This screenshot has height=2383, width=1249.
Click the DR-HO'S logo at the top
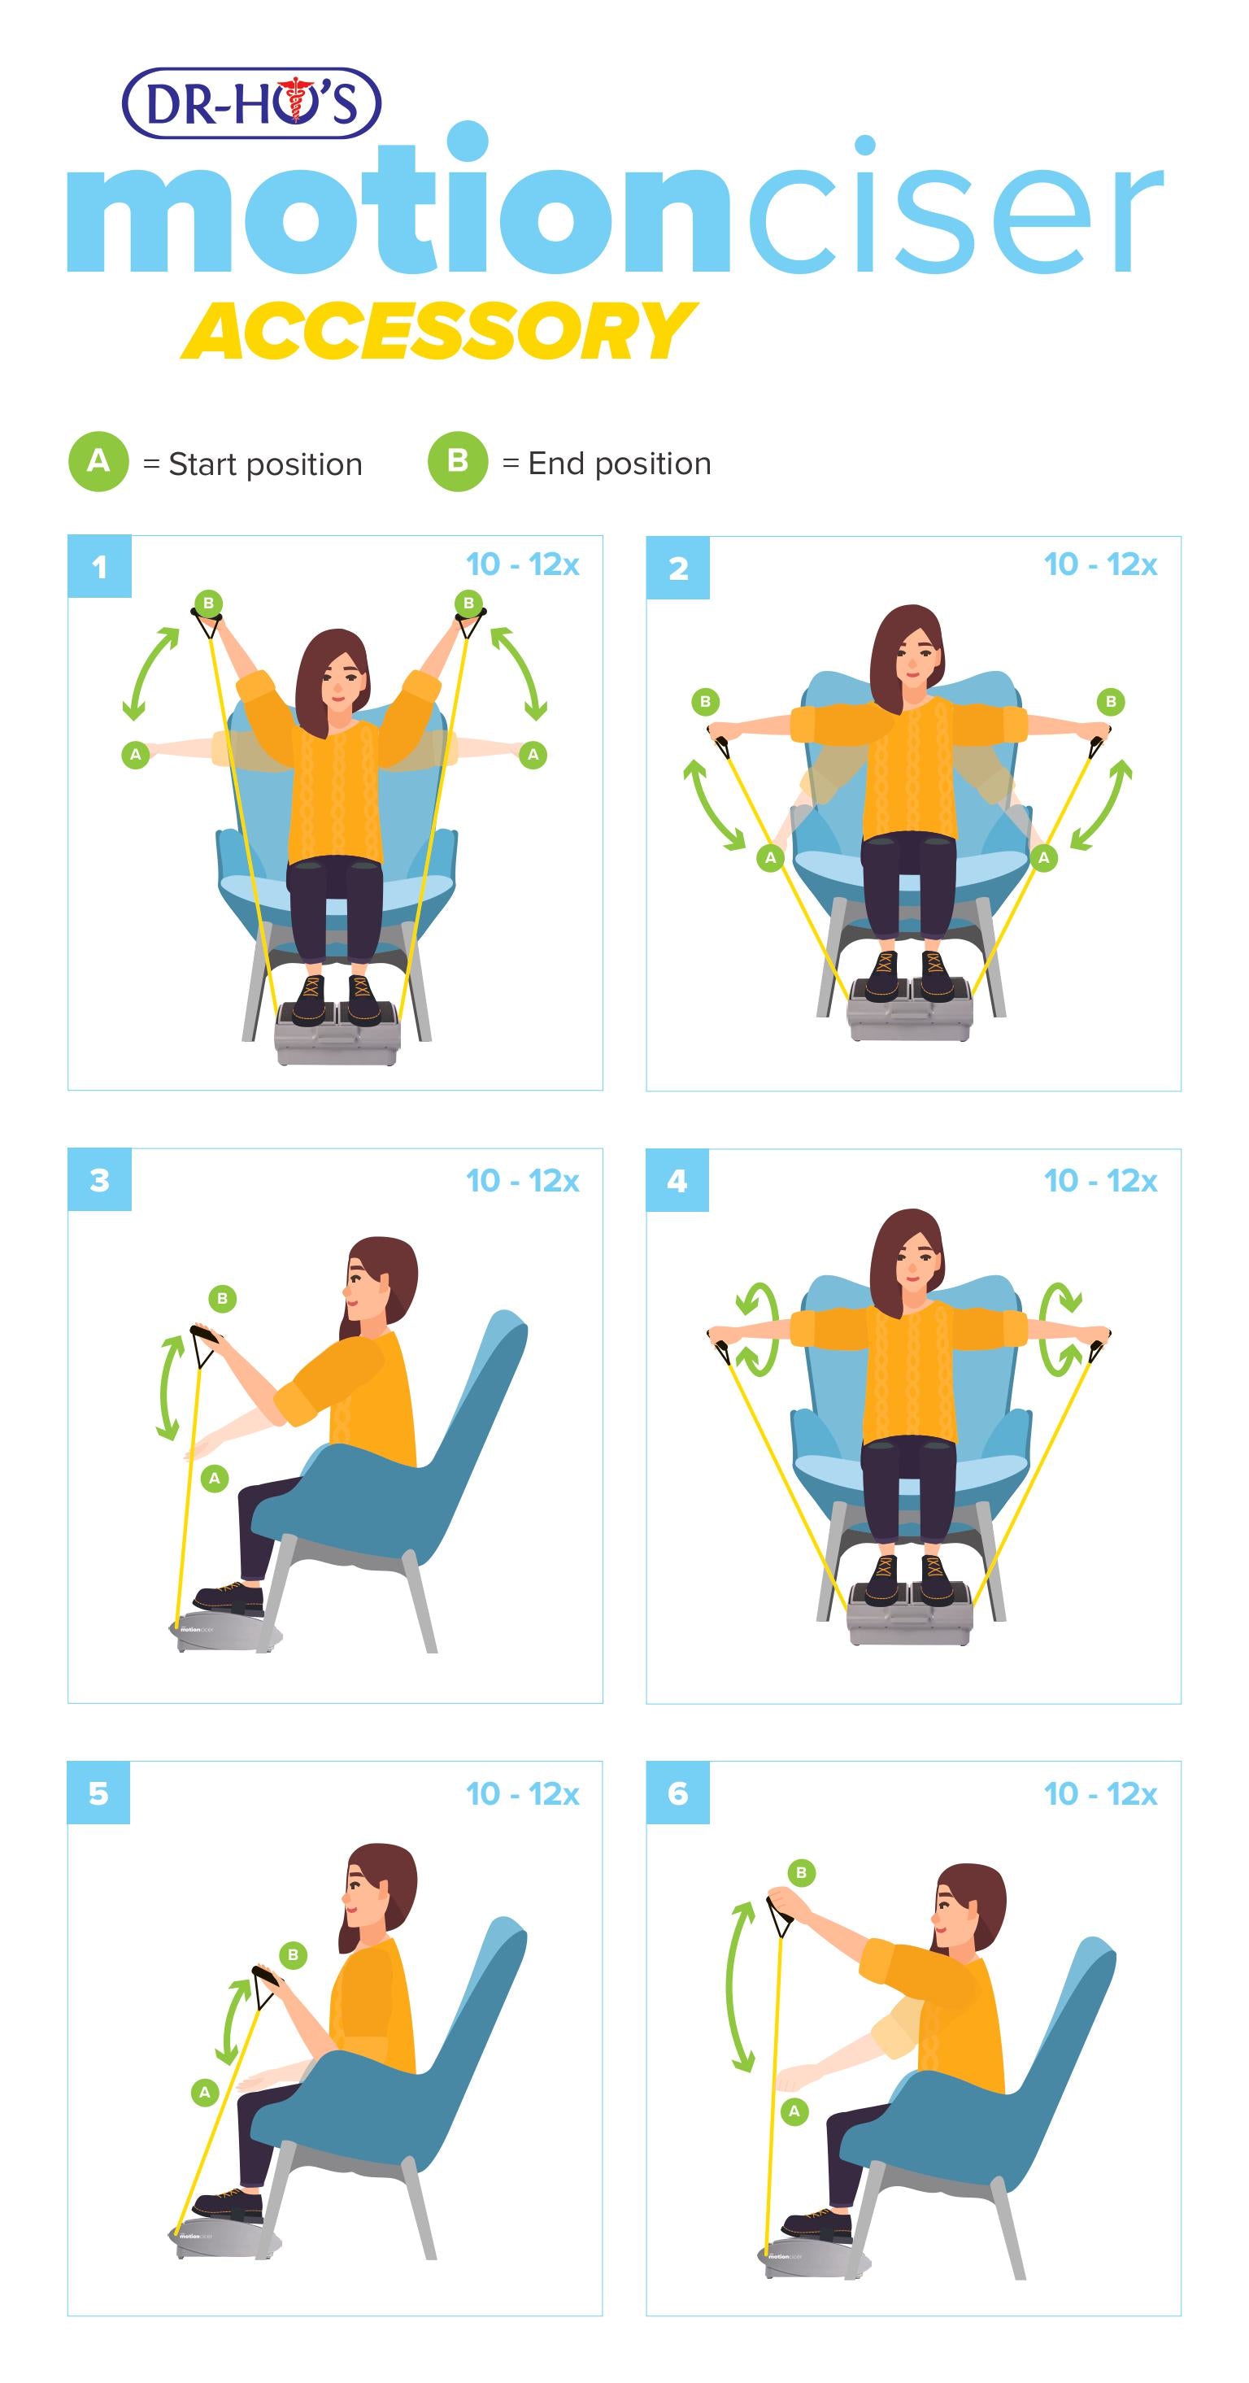coord(250,102)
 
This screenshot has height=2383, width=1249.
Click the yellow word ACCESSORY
coord(438,331)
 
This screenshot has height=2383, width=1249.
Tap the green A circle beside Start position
coord(98,460)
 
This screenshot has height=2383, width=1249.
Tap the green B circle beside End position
coord(457,460)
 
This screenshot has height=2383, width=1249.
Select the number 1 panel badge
coord(99,566)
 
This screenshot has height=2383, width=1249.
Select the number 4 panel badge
coord(677,1180)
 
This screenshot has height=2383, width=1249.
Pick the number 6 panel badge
coord(677,1793)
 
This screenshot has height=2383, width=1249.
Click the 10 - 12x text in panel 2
coord(1100,564)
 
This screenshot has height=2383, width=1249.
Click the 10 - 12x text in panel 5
coord(522,1793)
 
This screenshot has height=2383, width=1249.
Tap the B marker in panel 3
coord(222,1299)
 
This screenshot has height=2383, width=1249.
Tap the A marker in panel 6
coord(794,2111)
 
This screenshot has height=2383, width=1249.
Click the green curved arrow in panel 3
coord(169,1388)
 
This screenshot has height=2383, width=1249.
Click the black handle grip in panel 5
coord(267,1977)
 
